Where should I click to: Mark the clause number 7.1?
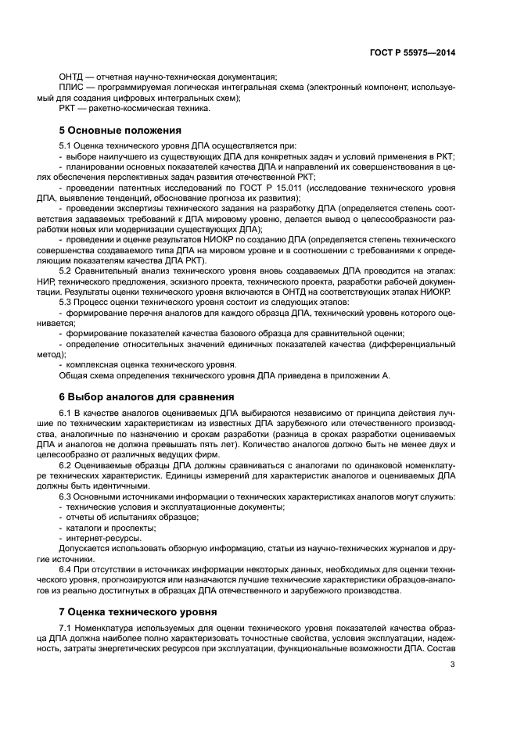point(67,629)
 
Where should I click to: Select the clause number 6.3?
point(67,496)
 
